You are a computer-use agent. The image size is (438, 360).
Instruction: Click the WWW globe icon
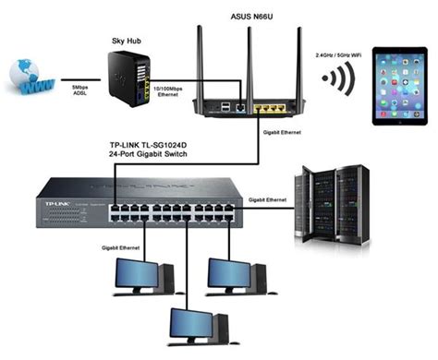28,79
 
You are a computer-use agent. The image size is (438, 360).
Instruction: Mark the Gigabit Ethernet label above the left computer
103,247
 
